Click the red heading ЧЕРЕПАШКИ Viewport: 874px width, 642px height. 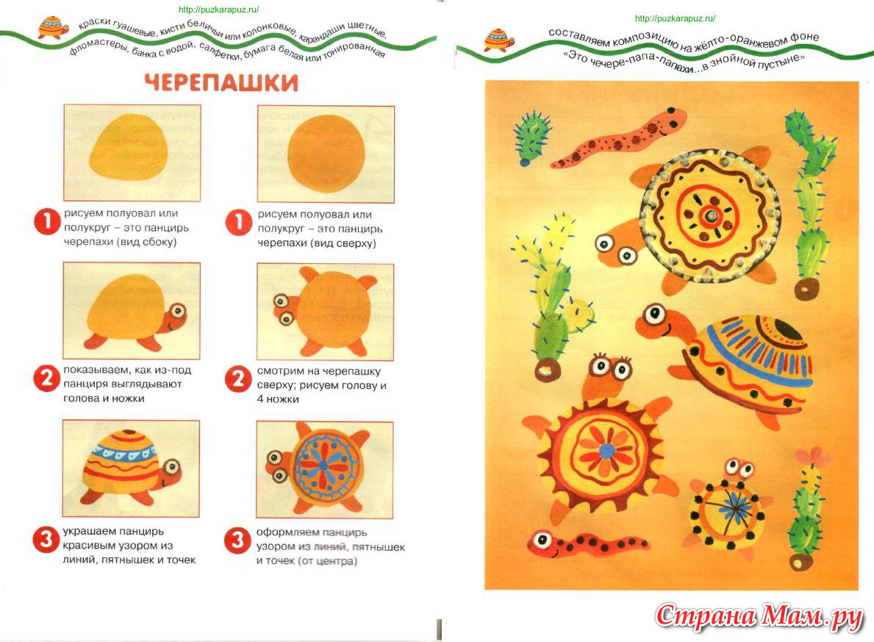coord(221,82)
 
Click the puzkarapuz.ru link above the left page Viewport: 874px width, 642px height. coord(218,10)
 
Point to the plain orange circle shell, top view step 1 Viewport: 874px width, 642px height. coord(326,154)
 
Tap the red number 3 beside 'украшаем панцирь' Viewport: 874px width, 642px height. coord(46,541)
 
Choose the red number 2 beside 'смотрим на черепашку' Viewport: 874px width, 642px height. coord(237,380)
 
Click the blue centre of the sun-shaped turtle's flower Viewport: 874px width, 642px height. coord(606,449)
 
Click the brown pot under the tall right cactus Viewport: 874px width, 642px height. coord(807,288)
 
